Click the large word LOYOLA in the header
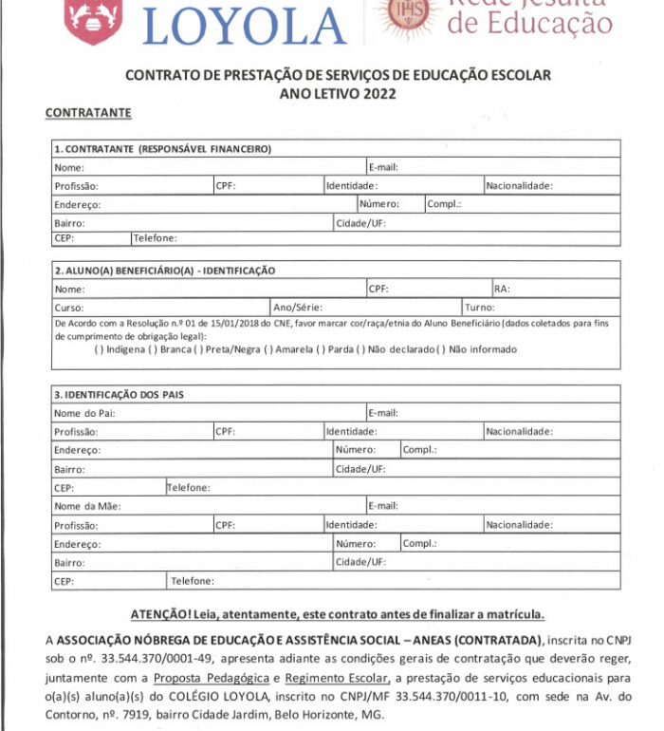coord(245,25)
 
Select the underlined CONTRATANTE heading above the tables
coord(87,113)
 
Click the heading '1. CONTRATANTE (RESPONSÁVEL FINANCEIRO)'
coord(162,149)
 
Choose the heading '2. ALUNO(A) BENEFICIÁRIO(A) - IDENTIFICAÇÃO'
coord(164,271)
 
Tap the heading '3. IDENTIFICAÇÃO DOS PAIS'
coord(119,394)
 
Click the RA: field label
coord(502,289)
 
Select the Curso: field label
coord(69,308)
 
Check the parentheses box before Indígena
coord(99,349)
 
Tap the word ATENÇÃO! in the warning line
coord(162,614)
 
